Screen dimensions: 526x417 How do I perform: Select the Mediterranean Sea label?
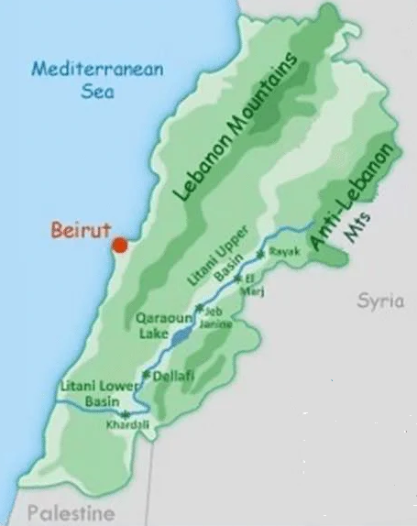tap(83, 80)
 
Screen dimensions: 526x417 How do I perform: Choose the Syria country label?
tap(380, 301)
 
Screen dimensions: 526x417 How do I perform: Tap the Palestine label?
tap(71, 512)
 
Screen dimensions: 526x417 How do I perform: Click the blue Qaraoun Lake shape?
tap(181, 336)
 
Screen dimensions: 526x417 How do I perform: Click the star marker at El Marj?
tap(237, 277)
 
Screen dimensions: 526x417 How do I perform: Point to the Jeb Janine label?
tap(219, 317)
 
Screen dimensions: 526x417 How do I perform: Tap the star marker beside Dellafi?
tap(147, 374)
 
